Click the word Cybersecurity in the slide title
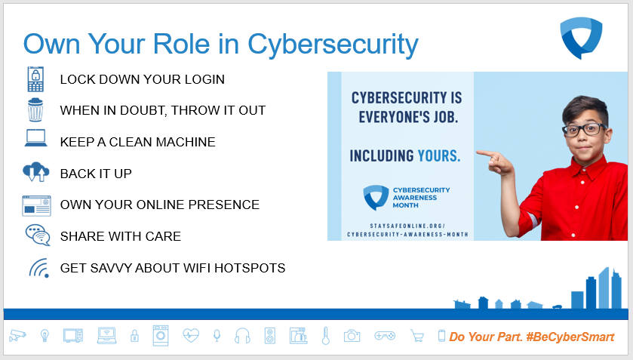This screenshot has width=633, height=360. pos(333,45)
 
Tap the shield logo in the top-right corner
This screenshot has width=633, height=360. pos(581,38)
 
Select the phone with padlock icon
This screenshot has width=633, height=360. pos(35,79)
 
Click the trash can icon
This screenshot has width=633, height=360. pos(35,110)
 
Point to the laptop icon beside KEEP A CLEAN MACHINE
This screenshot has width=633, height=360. pos(35,138)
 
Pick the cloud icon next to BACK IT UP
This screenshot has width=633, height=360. pos(36,171)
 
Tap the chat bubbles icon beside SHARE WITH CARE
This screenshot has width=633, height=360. pos(38,235)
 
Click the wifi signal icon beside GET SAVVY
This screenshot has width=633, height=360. pos(39,268)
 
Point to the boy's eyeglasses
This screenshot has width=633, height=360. pos(585,130)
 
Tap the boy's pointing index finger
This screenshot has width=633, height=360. pos(486,153)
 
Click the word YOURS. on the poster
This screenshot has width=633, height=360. pos(439,155)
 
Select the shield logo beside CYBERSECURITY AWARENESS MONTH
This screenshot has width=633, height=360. pos(376,198)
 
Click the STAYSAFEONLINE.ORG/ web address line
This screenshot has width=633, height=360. pos(407,226)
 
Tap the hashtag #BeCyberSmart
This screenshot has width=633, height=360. pos(570,337)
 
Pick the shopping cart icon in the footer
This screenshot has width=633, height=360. pos(417,336)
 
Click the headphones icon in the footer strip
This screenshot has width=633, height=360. pos(242,336)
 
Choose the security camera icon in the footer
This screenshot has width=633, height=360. pos(17,335)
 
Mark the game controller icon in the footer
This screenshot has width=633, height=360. pos(385,335)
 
